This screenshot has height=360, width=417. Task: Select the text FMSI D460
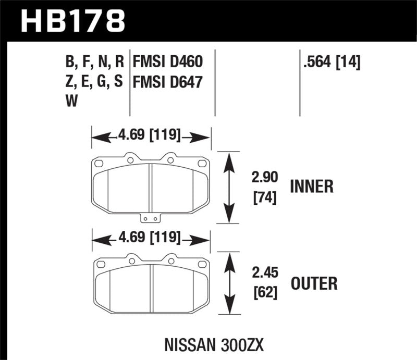click(167, 63)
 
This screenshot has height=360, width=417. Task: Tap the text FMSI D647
click(167, 82)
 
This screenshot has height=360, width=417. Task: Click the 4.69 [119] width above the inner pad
click(150, 137)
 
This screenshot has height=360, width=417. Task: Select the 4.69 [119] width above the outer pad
click(150, 239)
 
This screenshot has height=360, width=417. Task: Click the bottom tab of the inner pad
click(151, 219)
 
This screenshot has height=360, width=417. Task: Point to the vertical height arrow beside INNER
click(228, 188)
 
